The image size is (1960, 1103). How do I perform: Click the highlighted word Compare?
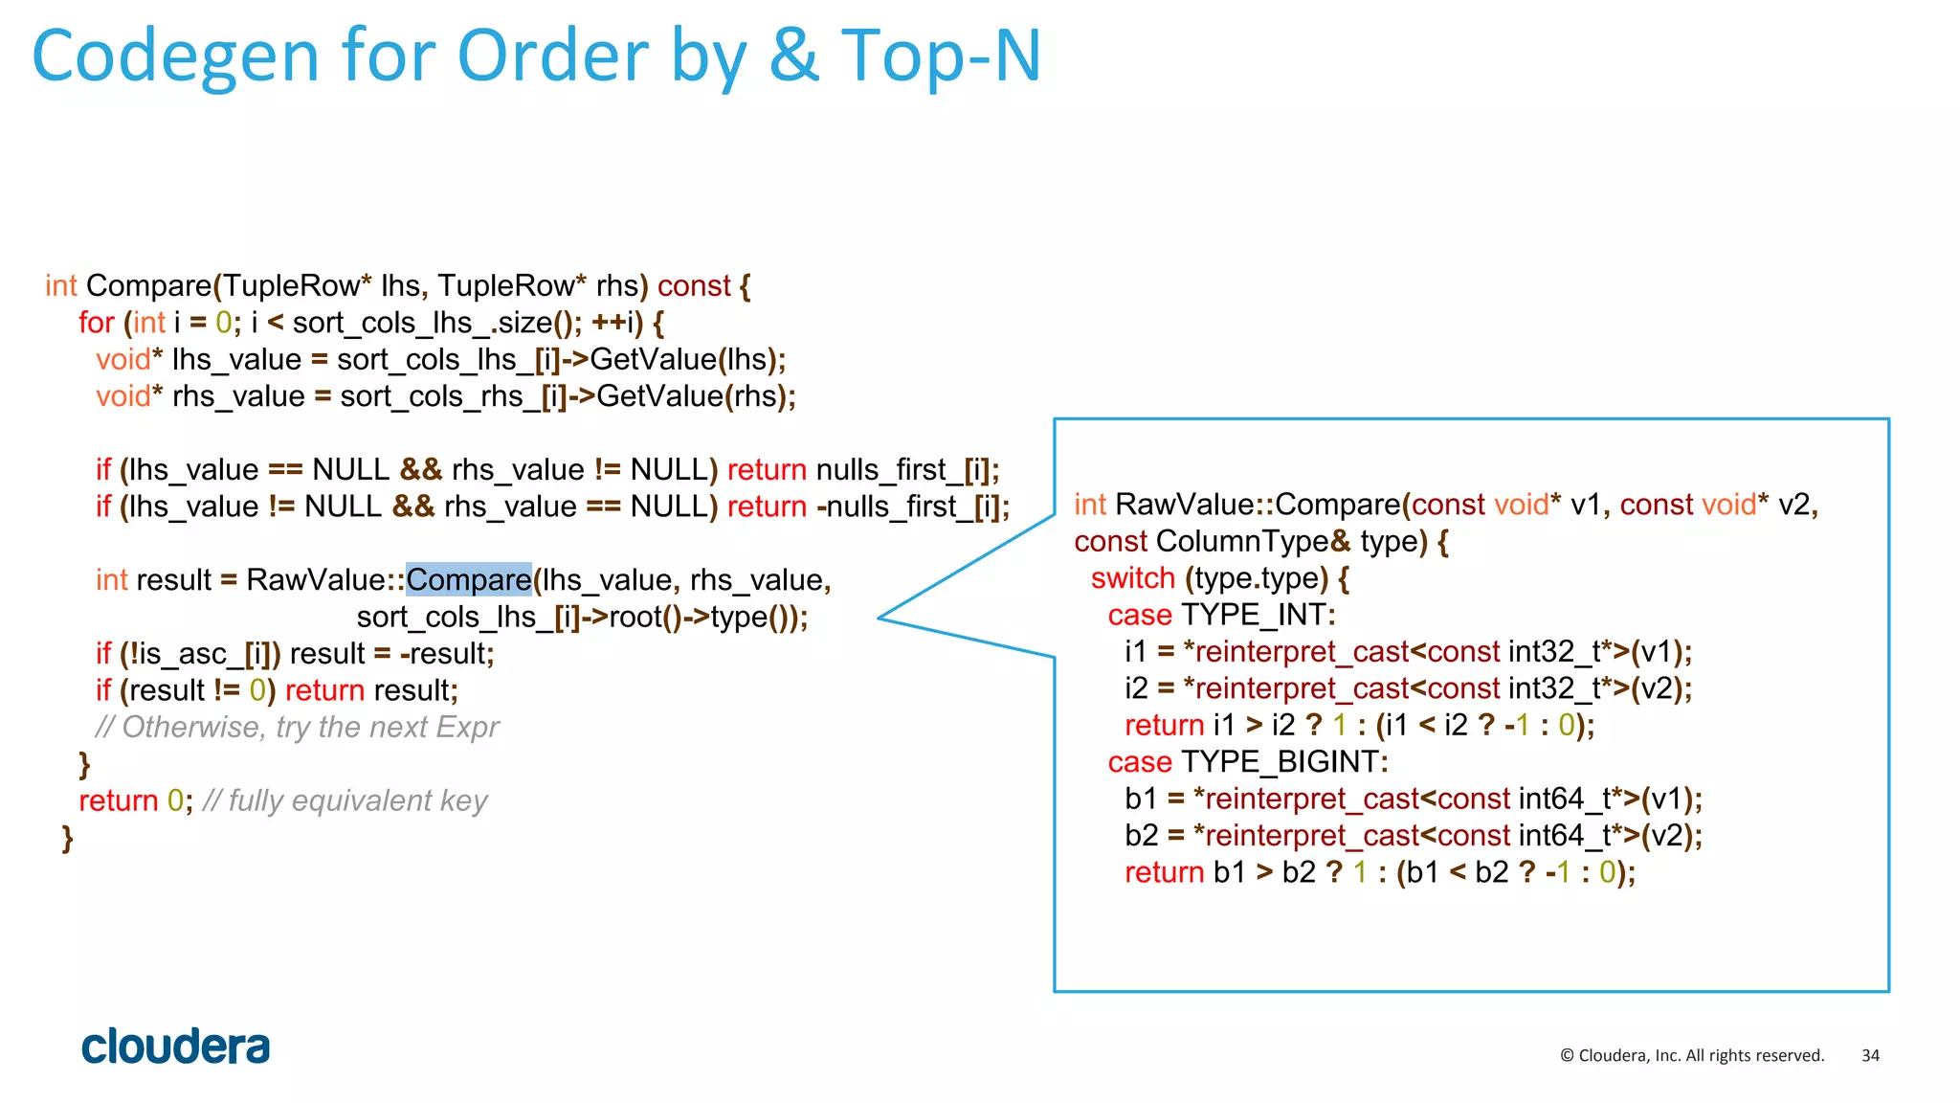tap(468, 580)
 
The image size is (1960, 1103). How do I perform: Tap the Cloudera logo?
tap(175, 1047)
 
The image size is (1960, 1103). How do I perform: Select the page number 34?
tap(1870, 1055)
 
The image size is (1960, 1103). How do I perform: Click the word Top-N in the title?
tap(940, 56)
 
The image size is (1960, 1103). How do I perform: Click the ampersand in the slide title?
tap(793, 56)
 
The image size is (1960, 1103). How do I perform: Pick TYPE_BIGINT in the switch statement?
tap(1283, 762)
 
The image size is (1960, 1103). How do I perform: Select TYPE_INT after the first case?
tap(1257, 615)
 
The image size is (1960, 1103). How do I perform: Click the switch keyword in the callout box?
tap(1132, 578)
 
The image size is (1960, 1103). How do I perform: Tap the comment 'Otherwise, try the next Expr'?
tap(298, 728)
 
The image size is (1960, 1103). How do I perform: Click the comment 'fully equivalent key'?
tap(345, 800)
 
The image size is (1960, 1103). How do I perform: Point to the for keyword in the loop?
tap(96, 323)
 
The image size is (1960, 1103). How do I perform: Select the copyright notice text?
tap(1691, 1055)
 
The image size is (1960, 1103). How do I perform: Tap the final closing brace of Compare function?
tap(67, 838)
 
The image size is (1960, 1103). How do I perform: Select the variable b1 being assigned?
tap(1141, 799)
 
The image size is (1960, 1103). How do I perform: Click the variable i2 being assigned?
tap(1135, 688)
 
